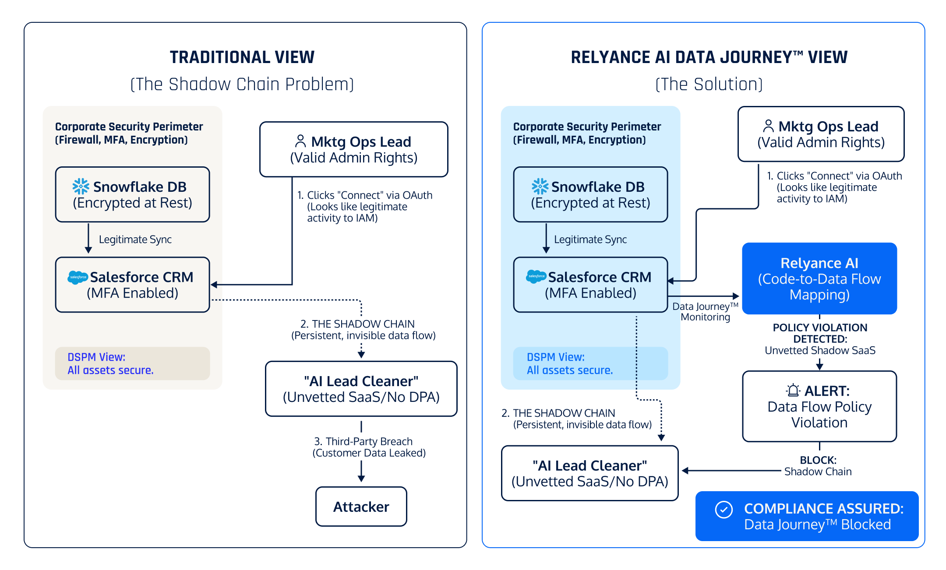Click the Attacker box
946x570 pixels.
tap(361, 507)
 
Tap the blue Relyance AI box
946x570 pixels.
tap(819, 278)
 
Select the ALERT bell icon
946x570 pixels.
tap(793, 390)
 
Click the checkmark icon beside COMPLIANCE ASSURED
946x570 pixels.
tap(724, 510)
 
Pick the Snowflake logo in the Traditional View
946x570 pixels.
tap(81, 186)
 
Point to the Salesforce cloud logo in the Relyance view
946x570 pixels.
tap(536, 276)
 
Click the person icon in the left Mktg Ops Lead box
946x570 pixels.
tap(300, 141)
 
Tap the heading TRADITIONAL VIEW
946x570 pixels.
tap(242, 57)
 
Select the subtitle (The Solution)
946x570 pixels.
tap(709, 84)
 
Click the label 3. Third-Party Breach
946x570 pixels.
tap(364, 441)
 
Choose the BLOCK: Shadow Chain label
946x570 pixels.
tap(818, 466)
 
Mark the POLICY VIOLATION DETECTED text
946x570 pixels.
tap(820, 333)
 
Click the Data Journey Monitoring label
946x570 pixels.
tap(705, 312)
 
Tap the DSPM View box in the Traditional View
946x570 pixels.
tap(132, 363)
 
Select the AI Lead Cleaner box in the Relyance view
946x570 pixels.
tap(589, 473)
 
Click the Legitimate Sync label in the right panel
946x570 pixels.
tap(590, 239)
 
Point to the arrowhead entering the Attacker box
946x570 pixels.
tap(361, 479)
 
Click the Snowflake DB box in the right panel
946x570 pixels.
tap(590, 194)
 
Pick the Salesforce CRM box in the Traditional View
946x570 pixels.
tap(132, 285)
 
